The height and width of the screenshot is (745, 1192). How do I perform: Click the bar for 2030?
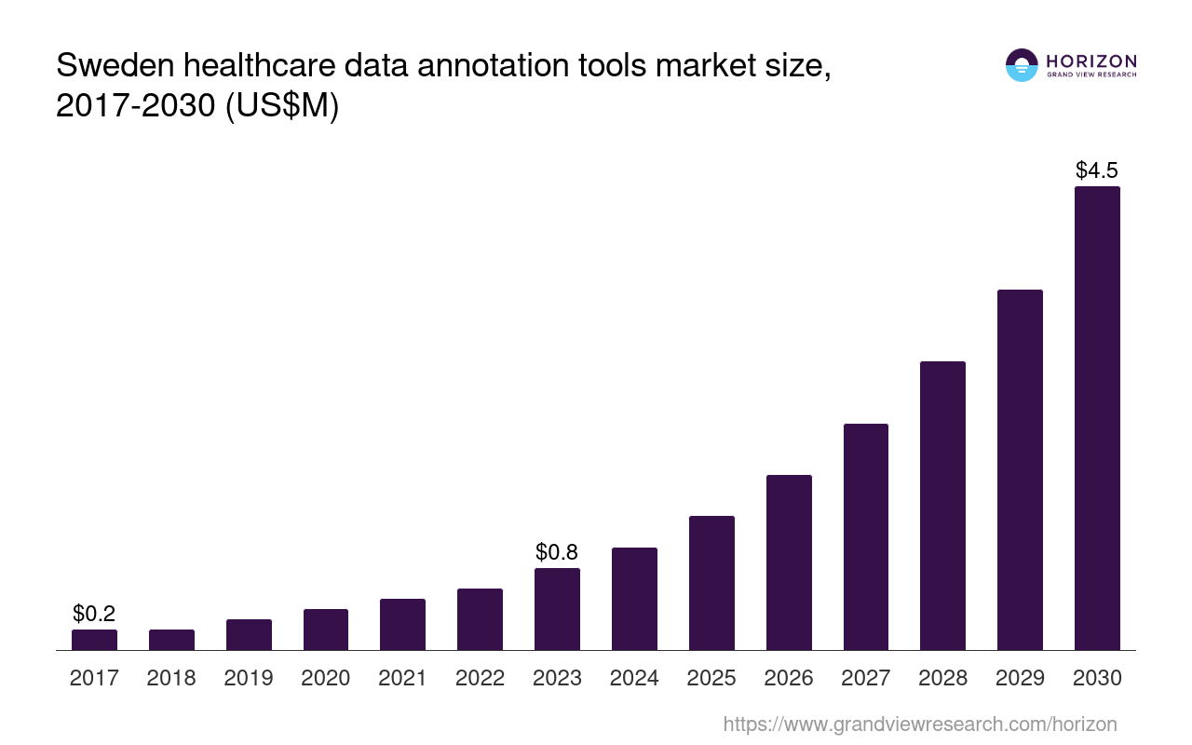(x=1097, y=418)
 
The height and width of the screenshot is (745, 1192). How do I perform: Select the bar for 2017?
(x=94, y=640)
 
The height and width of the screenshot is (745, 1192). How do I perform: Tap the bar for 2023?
(x=557, y=609)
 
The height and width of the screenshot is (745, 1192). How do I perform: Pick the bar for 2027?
(x=866, y=536)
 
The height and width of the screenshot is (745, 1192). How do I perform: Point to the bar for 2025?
(x=711, y=583)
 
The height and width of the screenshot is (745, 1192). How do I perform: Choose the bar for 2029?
(x=1020, y=469)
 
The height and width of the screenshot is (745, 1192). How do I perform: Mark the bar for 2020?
(x=326, y=630)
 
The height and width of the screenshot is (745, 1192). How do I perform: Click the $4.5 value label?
(x=1097, y=170)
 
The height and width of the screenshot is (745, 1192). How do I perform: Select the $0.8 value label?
(x=557, y=552)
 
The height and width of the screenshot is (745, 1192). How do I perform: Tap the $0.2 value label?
(x=94, y=614)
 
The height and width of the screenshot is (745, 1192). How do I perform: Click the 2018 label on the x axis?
(x=171, y=678)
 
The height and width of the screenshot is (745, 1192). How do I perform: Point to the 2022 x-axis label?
(x=480, y=678)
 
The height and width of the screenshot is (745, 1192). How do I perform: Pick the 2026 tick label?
(x=789, y=678)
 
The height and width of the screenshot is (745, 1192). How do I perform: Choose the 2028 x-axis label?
(x=943, y=678)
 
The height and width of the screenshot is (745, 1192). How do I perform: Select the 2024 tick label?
(x=634, y=678)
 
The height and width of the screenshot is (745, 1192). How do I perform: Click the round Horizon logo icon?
(x=1022, y=65)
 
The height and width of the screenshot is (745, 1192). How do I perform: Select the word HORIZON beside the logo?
(x=1091, y=61)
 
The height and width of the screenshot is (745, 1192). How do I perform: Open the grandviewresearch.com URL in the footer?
(x=919, y=724)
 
